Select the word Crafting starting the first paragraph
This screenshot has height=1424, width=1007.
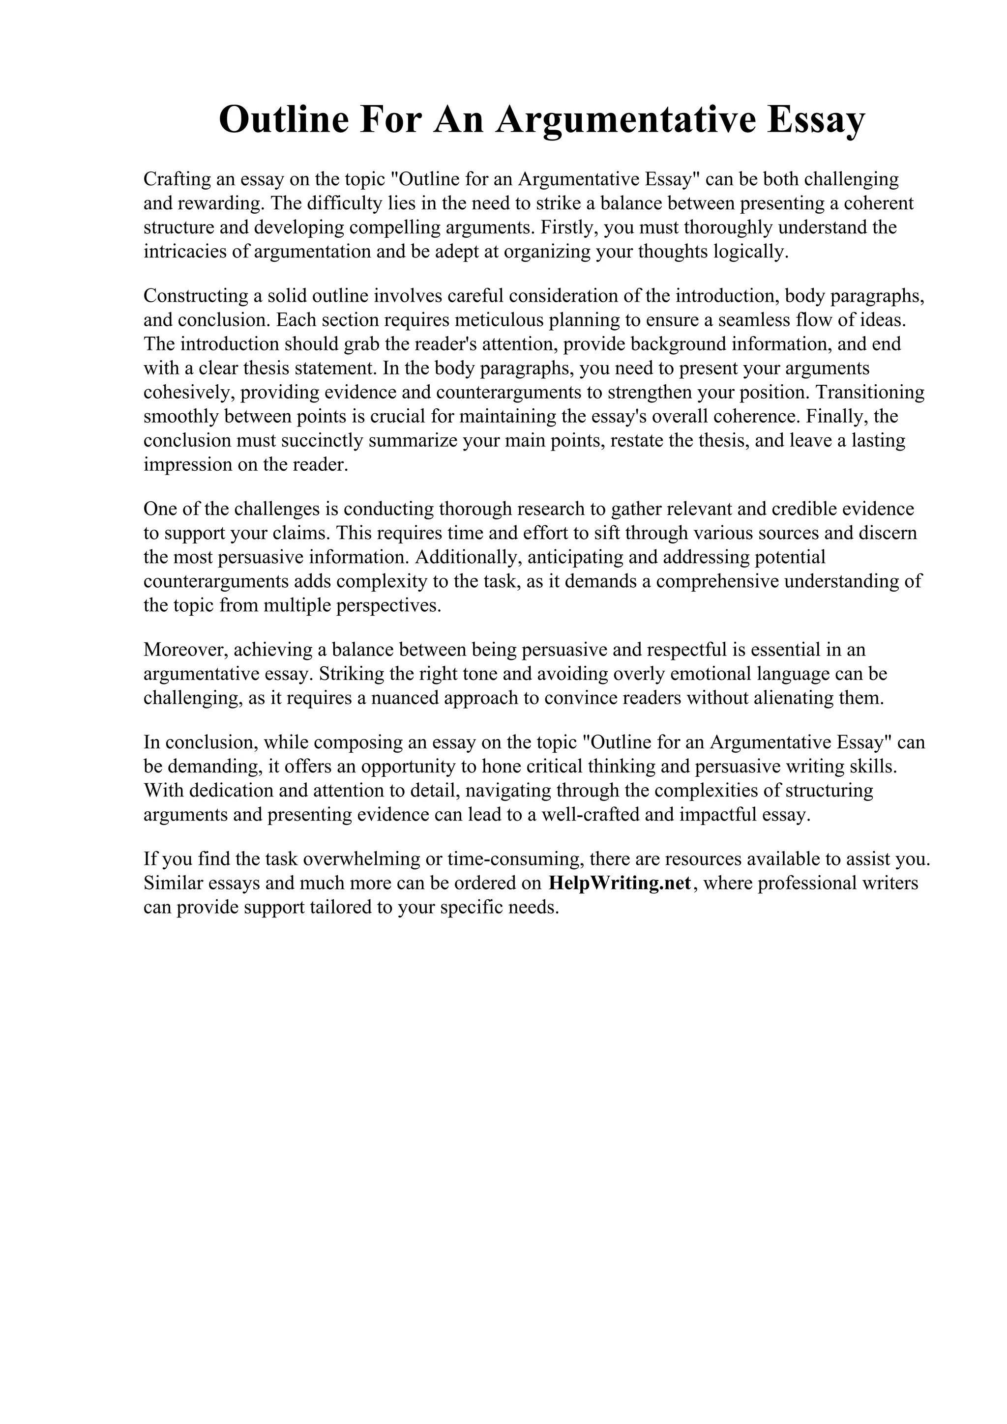tap(176, 179)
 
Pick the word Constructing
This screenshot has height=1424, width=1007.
tap(195, 296)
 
